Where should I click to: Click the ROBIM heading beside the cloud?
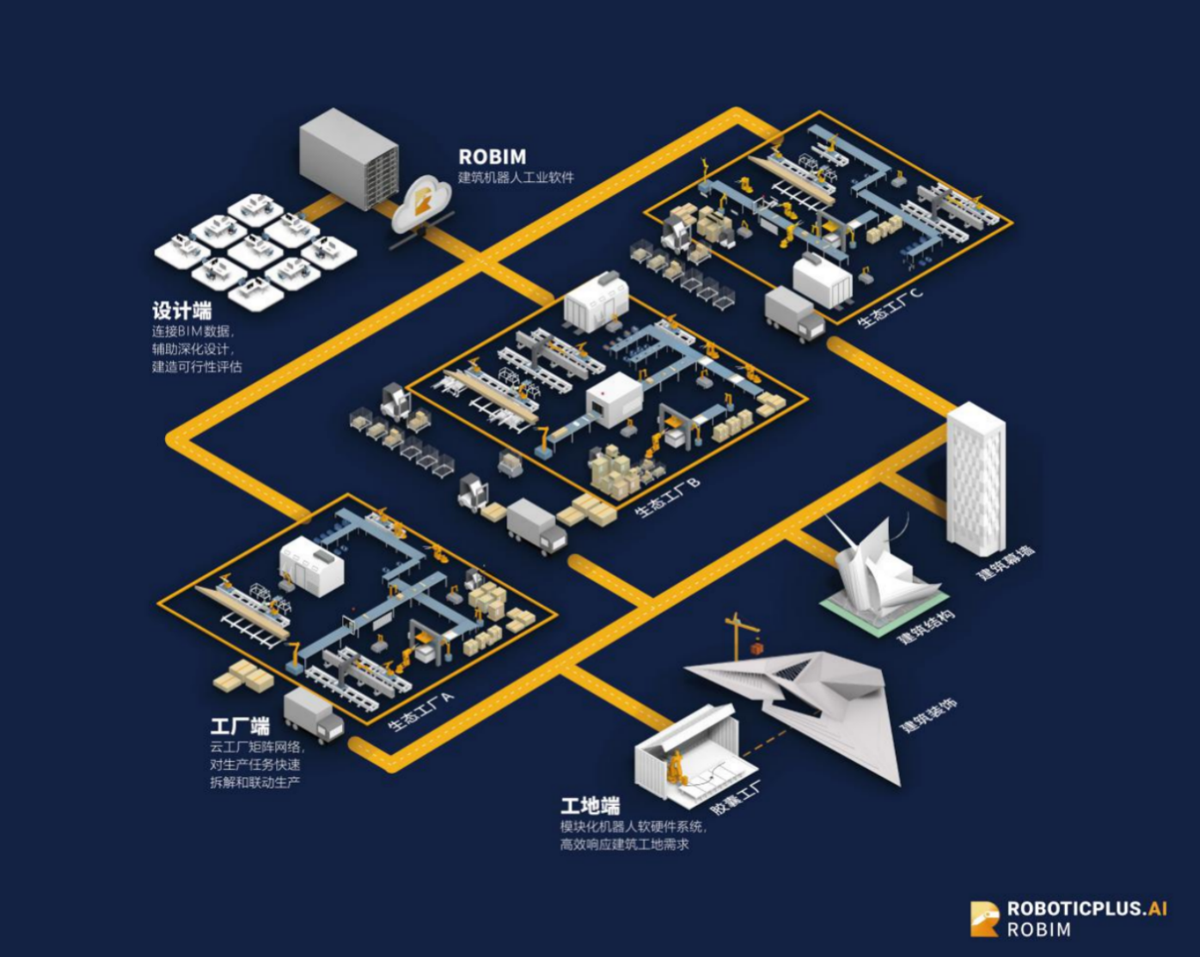coord(492,157)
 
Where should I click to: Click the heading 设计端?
coord(181,310)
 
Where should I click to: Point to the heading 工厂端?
coord(240,726)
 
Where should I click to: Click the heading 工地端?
coord(590,806)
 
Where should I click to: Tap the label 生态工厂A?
coord(420,711)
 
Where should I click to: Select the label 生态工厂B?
coord(668,497)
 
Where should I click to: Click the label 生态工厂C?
coord(890,308)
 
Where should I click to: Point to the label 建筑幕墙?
coord(1005,563)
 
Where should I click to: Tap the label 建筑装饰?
coord(928,716)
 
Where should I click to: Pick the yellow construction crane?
coord(739,636)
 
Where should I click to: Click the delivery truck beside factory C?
coord(793,314)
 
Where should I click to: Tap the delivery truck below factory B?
coord(536,526)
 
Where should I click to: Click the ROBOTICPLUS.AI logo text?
coord(1087,909)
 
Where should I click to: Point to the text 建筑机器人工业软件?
coord(516,178)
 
